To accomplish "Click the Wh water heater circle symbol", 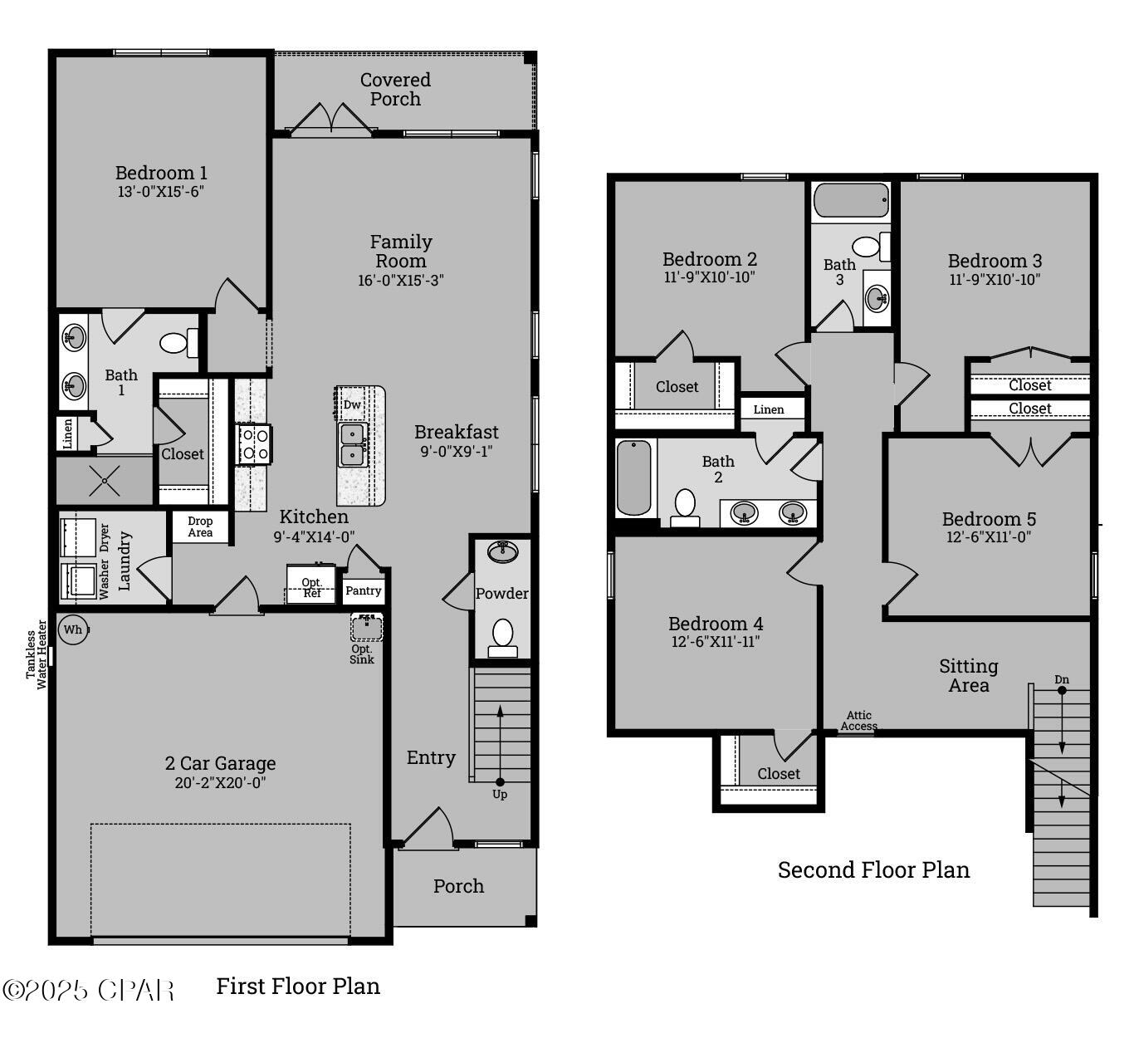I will click(73, 629).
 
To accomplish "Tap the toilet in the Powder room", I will click(502, 635).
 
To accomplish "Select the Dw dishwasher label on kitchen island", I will click(353, 404).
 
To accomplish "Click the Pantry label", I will click(364, 590).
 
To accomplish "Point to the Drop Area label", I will click(200, 527).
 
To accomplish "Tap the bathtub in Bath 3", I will click(851, 201).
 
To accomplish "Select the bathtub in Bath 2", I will click(635, 477).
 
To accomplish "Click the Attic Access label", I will click(858, 721).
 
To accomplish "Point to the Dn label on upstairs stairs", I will click(1062, 680).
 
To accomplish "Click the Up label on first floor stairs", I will click(500, 794).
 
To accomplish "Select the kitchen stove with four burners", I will click(254, 443).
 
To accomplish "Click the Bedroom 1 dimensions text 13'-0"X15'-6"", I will click(161, 192).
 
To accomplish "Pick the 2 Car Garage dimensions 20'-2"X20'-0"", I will click(220, 782).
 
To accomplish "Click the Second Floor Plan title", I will click(873, 869).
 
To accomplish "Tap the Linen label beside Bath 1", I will click(68, 433).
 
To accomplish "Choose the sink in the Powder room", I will click(502, 551).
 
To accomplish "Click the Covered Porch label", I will click(395, 89).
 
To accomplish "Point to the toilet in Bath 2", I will click(685, 506).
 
